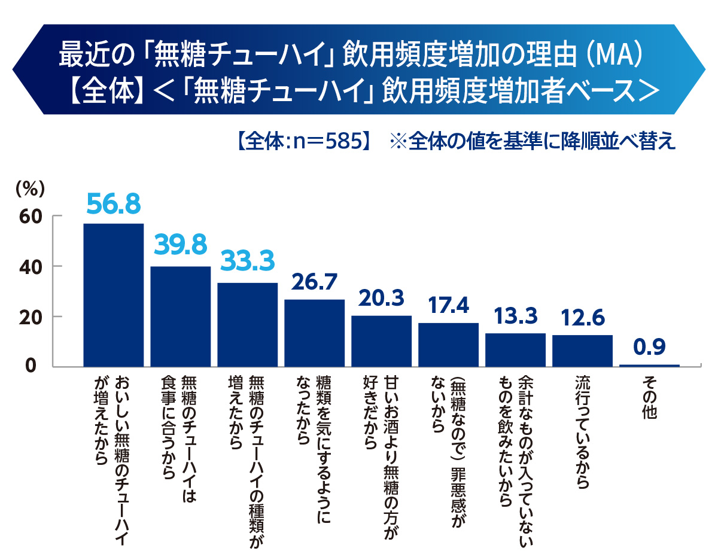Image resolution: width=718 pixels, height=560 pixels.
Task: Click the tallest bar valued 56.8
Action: [x=113, y=294]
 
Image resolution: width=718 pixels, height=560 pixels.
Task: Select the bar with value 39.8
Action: [x=180, y=316]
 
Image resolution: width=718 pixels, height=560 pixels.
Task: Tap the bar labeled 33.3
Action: [x=247, y=324]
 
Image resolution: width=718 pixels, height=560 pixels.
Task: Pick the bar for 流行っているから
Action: [x=582, y=351]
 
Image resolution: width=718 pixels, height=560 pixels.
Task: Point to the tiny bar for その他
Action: [x=649, y=365]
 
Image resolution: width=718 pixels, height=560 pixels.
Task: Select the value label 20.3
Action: [x=381, y=298]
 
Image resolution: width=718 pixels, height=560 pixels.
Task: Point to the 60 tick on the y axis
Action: [x=27, y=216]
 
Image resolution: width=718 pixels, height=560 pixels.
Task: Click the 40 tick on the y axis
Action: [x=27, y=266]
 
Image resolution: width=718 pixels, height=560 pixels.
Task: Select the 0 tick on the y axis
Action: [x=34, y=366]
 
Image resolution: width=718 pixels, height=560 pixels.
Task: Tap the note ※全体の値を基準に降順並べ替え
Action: [x=533, y=142]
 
